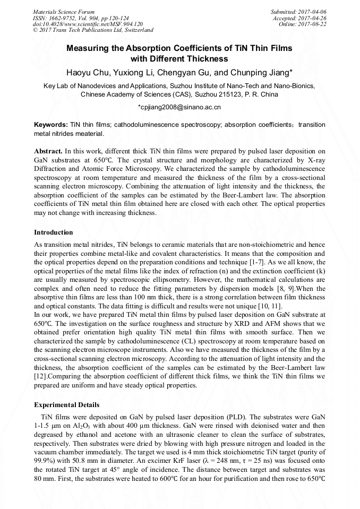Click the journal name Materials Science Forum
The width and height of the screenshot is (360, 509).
tap(64, 12)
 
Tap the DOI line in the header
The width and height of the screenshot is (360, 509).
tap(88, 24)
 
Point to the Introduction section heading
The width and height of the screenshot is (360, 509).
tap(54, 232)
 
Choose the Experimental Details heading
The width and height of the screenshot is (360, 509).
tap(66, 405)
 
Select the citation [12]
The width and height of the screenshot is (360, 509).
tap(41, 378)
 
